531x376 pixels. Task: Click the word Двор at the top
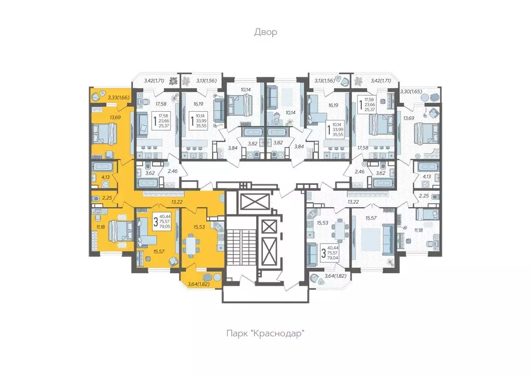265,32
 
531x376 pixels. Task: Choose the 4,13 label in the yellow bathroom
105,177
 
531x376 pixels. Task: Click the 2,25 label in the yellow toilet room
107,197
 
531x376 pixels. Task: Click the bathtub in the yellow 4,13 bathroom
104,167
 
